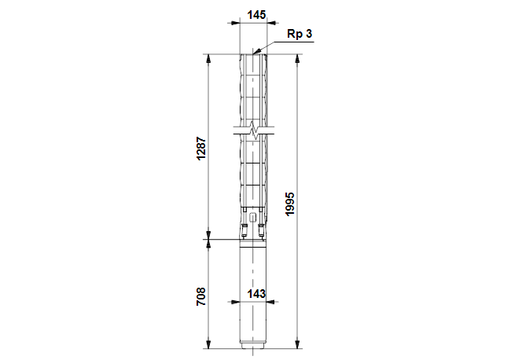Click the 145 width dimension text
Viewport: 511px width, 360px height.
(x=255, y=15)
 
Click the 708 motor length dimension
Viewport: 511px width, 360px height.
(x=200, y=296)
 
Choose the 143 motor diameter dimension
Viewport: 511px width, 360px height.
(x=256, y=293)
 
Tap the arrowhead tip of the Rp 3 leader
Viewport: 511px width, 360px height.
(x=257, y=53)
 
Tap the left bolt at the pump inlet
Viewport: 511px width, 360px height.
(x=244, y=230)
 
